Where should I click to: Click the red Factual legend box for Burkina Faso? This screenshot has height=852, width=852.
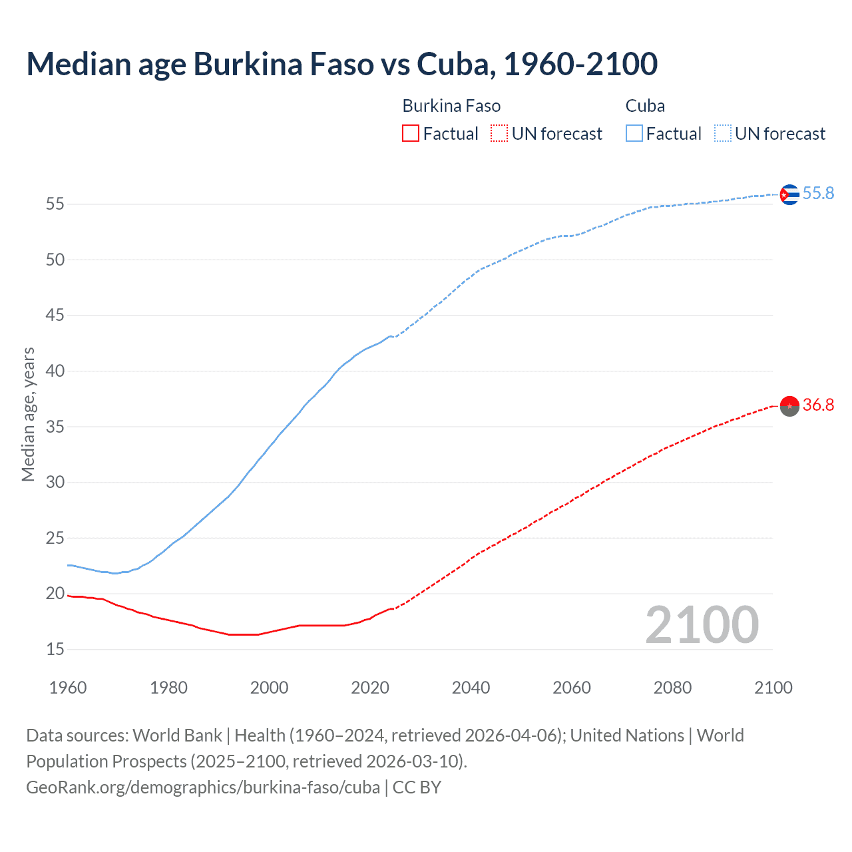coord(411,133)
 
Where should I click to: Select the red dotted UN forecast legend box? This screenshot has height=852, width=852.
coord(499,133)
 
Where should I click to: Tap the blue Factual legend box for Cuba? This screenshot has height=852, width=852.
coord(634,133)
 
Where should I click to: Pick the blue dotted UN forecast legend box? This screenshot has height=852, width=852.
coord(723,133)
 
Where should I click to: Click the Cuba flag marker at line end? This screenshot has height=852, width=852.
coord(789,194)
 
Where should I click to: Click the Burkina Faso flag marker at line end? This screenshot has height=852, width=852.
coord(789,405)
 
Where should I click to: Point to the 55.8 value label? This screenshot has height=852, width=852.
coord(818,193)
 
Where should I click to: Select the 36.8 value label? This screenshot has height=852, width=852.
coord(818,405)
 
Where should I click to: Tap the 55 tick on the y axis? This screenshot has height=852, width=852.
coord(55,204)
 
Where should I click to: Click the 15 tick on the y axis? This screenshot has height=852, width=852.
coord(55,649)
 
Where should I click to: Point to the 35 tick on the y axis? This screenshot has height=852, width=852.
coord(55,427)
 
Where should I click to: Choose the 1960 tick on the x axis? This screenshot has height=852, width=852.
coord(68,688)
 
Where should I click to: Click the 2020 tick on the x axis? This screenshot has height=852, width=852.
coord(370,688)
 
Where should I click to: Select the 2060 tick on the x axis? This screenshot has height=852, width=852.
coord(572,688)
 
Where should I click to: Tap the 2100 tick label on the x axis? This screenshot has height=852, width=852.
coord(773,688)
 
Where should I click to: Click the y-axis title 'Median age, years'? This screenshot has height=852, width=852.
coord(28,414)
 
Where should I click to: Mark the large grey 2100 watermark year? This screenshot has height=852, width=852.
coord(702,624)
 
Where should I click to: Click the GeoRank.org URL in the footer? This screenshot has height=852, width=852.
coord(203,787)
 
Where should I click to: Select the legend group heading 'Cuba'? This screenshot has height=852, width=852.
coord(645,106)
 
